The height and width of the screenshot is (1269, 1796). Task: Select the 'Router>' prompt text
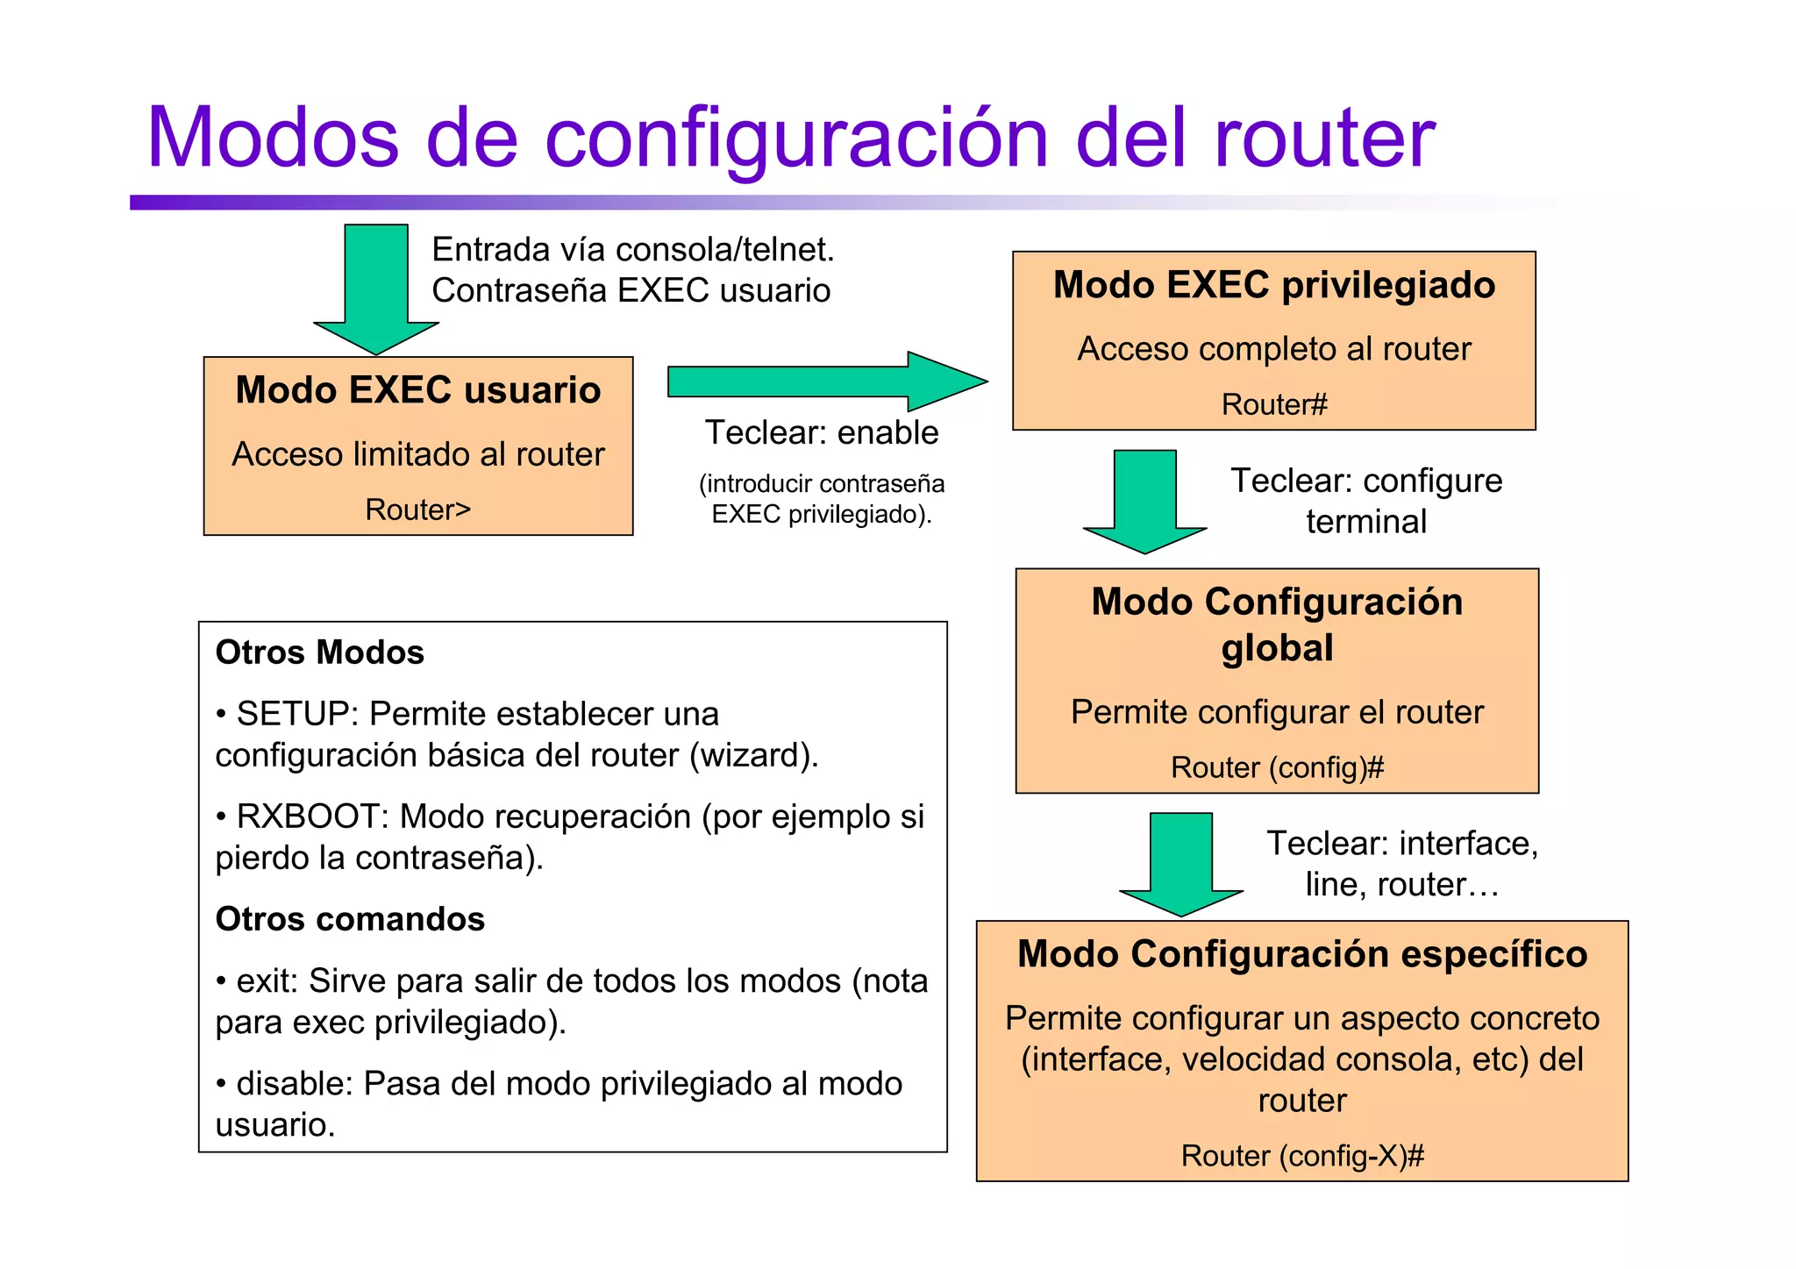click(x=417, y=510)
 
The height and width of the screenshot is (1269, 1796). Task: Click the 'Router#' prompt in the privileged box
click(x=1274, y=404)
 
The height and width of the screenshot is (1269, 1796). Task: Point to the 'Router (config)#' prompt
click(x=1277, y=767)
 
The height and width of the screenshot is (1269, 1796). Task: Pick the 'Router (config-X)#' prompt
click(x=1302, y=1156)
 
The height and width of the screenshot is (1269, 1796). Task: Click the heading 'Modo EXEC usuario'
click(x=418, y=390)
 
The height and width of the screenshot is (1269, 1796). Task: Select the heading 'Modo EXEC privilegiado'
click(x=1274, y=285)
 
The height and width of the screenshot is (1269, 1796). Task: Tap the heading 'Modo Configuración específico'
click(x=1302, y=954)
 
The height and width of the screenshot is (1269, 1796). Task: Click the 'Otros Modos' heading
click(x=320, y=652)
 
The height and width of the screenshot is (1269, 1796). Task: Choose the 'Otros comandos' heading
click(x=350, y=919)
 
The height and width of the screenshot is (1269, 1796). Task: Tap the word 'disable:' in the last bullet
click(x=295, y=1084)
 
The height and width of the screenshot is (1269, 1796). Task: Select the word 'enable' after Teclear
click(x=887, y=432)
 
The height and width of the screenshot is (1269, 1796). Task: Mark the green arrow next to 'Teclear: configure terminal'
click(x=1144, y=500)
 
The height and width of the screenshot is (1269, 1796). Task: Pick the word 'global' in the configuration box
click(x=1277, y=648)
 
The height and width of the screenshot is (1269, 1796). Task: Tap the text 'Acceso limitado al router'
click(x=418, y=454)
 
